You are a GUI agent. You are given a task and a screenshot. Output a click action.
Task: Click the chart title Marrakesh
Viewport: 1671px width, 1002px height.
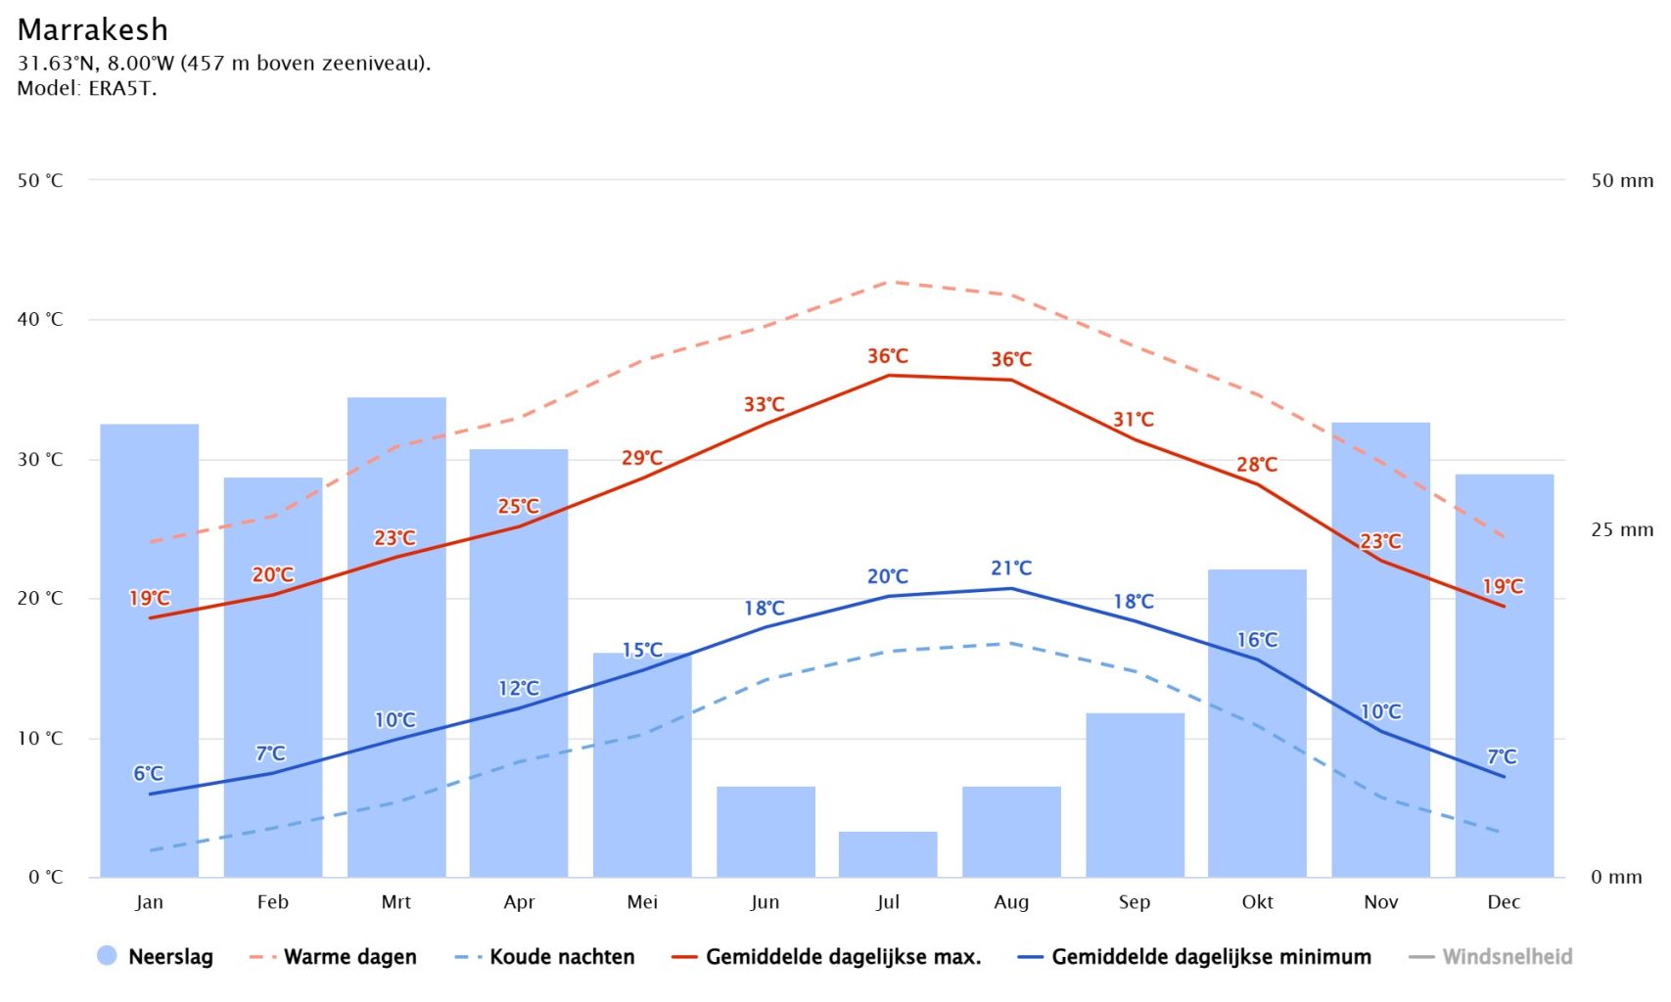93,29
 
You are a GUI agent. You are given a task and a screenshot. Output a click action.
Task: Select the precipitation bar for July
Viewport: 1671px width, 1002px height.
888,854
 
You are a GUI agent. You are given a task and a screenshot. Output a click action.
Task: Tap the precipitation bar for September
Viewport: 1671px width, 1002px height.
1135,795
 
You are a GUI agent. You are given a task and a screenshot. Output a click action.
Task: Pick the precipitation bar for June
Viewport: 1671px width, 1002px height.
766,832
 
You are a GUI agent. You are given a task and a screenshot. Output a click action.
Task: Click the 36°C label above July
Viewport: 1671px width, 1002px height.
888,356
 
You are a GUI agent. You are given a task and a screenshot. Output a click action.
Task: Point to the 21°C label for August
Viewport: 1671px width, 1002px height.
1011,568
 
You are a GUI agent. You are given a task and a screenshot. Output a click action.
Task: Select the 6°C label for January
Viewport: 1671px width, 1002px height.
149,773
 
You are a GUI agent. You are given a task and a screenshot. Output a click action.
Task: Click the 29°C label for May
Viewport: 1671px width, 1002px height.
642,458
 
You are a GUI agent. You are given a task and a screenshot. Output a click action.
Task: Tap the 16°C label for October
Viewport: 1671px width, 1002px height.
1258,640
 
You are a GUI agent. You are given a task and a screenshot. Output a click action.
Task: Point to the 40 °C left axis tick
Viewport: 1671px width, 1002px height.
40,319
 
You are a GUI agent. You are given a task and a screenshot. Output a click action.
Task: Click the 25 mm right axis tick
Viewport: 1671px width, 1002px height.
1621,529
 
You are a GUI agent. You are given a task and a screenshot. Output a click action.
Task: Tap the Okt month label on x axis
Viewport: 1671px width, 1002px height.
1258,902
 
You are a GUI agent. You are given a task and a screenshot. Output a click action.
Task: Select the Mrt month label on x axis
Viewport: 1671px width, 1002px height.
396,902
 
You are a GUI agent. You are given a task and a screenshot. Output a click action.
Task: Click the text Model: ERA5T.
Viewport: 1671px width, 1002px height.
87,88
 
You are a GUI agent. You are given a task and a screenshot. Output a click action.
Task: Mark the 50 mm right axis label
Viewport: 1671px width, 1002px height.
1621,180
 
